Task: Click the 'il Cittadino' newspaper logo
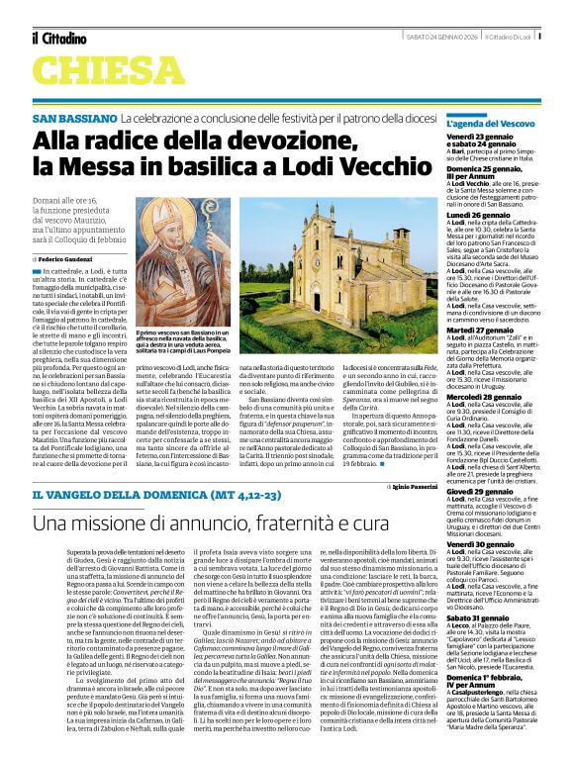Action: click(58, 39)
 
